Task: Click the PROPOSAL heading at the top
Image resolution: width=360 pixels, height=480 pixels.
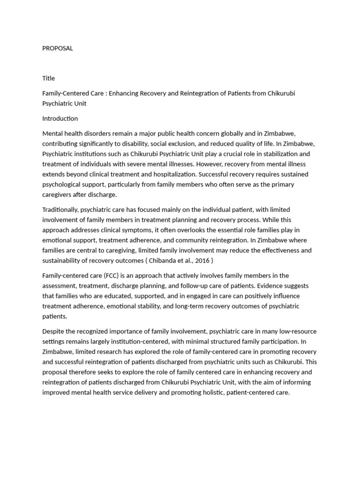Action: (x=58, y=48)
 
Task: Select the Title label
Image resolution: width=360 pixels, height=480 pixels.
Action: (x=48, y=78)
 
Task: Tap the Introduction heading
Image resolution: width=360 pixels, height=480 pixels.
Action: (x=60, y=119)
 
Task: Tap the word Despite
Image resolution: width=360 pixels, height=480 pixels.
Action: (x=53, y=332)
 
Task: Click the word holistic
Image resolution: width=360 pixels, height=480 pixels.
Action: (x=207, y=392)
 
